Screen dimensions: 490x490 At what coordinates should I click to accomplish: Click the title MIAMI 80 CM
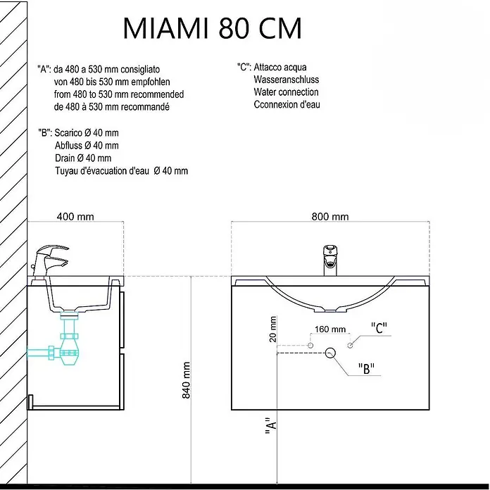tap(213, 28)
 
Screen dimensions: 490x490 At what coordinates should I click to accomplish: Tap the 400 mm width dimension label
tap(75, 217)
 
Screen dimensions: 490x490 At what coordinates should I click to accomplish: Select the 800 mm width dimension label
tap(330, 217)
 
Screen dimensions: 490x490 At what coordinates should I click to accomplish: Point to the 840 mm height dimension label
tap(186, 380)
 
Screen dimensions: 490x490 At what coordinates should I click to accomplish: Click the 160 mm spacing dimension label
tap(330, 329)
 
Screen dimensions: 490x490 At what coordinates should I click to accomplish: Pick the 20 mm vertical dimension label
tap(273, 329)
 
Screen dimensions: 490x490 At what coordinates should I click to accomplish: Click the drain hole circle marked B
tap(330, 353)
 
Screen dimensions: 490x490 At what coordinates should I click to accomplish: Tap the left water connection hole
tap(310, 345)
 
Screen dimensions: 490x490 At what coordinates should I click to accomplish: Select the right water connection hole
tap(351, 345)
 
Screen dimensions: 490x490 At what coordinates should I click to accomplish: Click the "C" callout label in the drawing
tap(379, 328)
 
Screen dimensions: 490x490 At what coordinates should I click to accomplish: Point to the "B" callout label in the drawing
tap(366, 368)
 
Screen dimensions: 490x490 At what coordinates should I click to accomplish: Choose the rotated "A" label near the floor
tap(271, 426)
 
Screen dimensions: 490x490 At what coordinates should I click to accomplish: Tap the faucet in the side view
tap(50, 261)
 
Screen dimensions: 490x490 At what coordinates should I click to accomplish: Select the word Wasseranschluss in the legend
tap(287, 80)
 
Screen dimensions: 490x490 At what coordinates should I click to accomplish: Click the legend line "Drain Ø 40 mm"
tap(83, 158)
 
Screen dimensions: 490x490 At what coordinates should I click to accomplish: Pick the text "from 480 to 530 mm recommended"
tap(119, 94)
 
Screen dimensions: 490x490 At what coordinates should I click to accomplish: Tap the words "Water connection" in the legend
tap(286, 92)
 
